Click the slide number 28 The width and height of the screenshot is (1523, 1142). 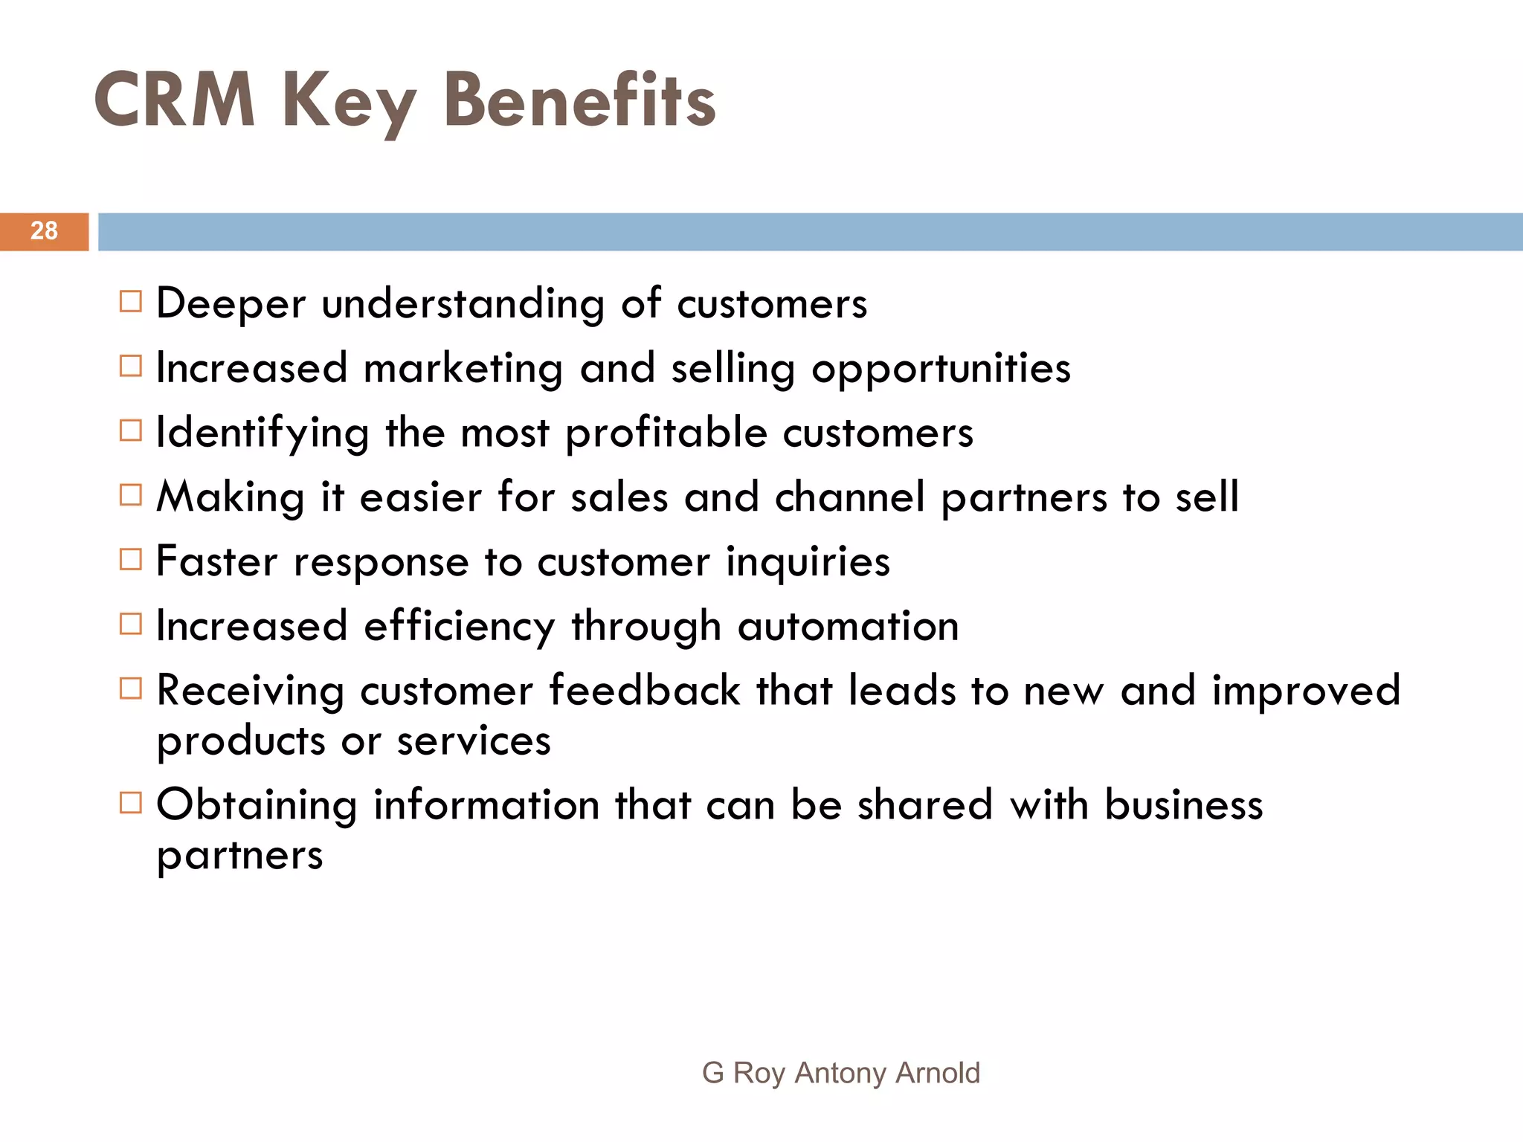pyautogui.click(x=44, y=230)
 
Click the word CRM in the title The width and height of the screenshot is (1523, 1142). pyautogui.click(x=175, y=100)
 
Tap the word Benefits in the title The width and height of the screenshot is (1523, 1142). pyautogui.click(x=579, y=100)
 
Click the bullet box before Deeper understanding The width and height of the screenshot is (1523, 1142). pyautogui.click(x=130, y=302)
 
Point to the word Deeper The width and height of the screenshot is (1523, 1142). pyautogui.click(x=231, y=303)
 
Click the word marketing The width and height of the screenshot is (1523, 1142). pyautogui.click(x=463, y=368)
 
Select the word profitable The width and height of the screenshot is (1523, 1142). pyautogui.click(x=666, y=433)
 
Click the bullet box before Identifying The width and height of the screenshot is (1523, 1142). pyautogui.click(x=130, y=430)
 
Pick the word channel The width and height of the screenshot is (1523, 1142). pyautogui.click(x=849, y=497)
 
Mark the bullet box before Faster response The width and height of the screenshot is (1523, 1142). pyautogui.click(x=130, y=559)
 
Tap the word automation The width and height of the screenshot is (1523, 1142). pyautogui.click(x=848, y=626)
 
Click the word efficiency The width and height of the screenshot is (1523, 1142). pyautogui.click(x=459, y=627)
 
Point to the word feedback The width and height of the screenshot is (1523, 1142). pyautogui.click(x=644, y=690)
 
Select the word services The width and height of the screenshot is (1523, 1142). pyautogui.click(x=474, y=741)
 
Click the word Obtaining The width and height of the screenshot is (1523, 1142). pyautogui.click(x=257, y=805)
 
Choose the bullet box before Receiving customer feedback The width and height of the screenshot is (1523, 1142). pyautogui.click(x=130, y=688)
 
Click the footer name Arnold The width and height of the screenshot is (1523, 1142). pyautogui.click(x=938, y=1073)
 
